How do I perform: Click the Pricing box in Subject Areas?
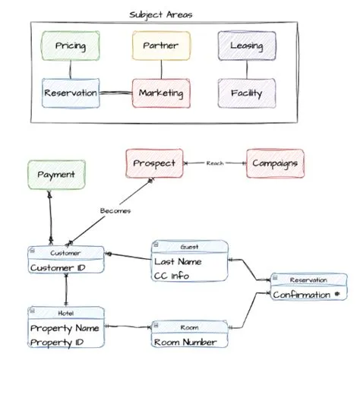pos(71,46)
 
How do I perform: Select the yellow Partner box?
pos(160,46)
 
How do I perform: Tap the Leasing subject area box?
pos(246,46)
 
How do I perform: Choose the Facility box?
pos(246,93)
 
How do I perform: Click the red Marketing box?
pos(160,93)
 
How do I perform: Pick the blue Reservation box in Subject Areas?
pos(71,93)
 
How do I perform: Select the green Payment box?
pos(56,175)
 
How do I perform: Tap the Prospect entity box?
pos(154,163)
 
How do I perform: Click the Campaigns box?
pos(275,163)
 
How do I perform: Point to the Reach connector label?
pos(214,163)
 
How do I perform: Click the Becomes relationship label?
pos(115,210)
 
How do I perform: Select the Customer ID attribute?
pos(58,268)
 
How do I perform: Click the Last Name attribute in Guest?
pos(178,261)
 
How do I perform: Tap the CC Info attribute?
pos(172,276)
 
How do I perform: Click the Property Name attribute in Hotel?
pos(66,329)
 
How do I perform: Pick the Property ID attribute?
pos(58,343)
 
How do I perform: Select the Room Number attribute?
pos(185,342)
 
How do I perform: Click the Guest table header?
pos(190,247)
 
